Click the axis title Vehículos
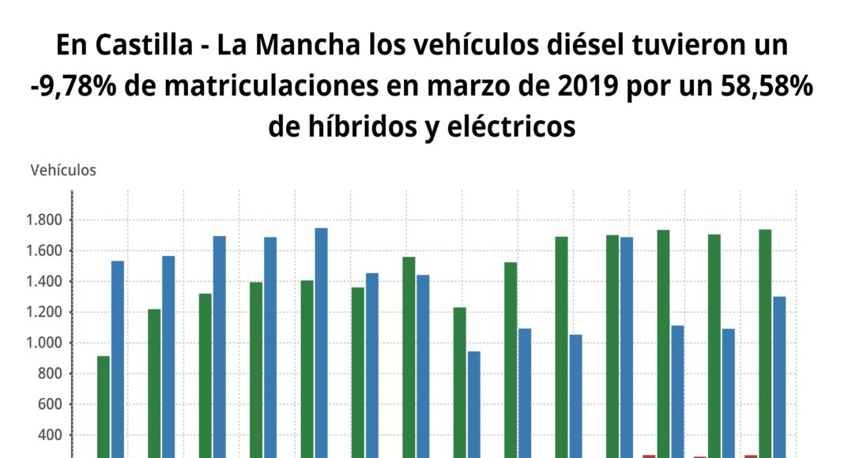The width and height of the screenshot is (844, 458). (63, 170)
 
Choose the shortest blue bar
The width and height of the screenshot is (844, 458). (473, 404)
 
